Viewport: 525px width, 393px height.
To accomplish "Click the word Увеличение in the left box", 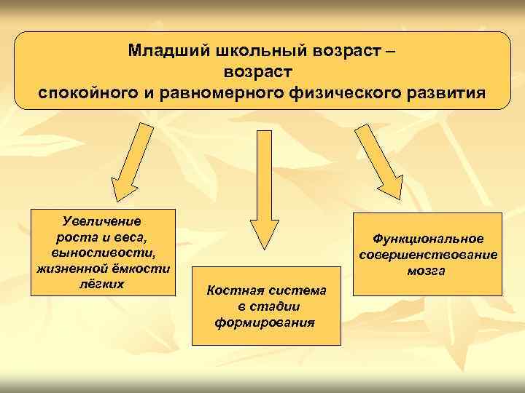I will pyautogui.click(x=102, y=221).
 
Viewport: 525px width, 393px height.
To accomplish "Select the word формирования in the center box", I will pyautogui.click(x=265, y=322).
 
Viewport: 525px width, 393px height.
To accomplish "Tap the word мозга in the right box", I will pyautogui.click(x=428, y=271).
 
